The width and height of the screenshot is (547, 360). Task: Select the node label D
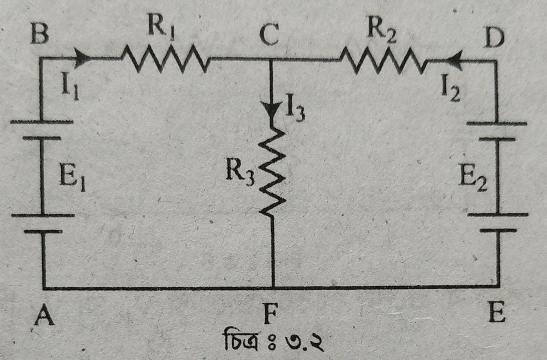click(494, 38)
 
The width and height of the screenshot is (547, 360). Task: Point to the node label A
click(44, 317)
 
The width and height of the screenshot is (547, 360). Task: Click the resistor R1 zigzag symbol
click(165, 59)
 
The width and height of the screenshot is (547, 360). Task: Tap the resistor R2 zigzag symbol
click(383, 61)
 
